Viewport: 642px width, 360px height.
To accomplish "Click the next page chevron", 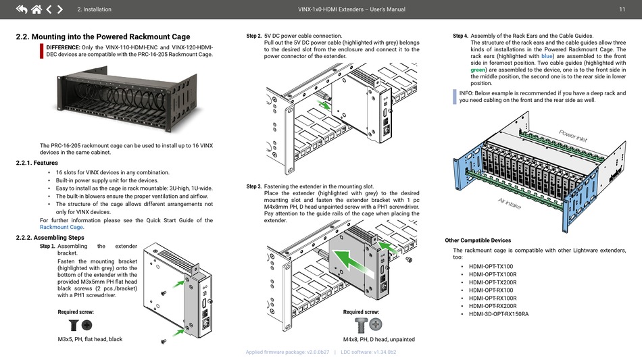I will click(60, 9).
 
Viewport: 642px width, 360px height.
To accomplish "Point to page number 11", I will click(621, 9).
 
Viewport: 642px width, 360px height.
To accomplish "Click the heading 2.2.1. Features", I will click(36, 163).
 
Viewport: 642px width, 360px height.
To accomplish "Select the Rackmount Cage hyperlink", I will click(61, 228).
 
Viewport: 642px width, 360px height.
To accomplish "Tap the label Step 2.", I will click(253, 36).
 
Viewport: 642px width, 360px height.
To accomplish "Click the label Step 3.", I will click(253, 186).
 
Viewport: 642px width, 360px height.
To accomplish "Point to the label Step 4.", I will click(460, 36).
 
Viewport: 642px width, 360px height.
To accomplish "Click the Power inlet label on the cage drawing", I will click(572, 135).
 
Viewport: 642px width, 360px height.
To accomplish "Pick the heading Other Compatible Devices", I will click(478, 240).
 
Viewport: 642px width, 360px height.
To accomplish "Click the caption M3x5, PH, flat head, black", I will click(90, 339).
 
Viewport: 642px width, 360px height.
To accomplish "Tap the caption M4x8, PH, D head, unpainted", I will click(378, 339).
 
